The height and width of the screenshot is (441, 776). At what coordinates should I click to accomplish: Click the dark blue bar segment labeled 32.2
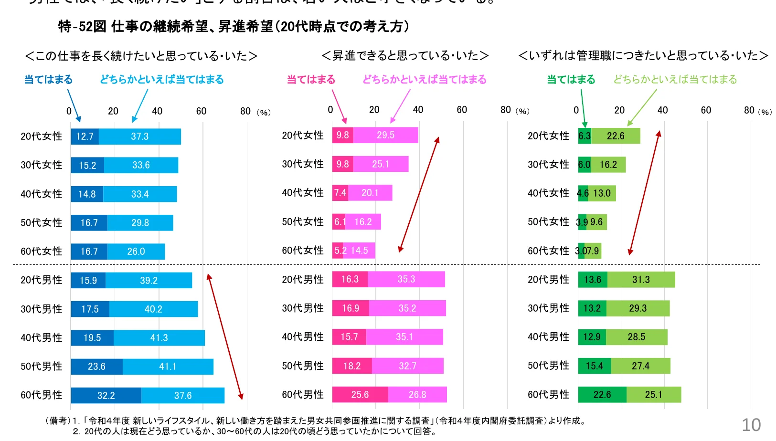[x=106, y=395]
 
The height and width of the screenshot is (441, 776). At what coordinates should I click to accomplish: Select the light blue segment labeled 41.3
[x=159, y=338]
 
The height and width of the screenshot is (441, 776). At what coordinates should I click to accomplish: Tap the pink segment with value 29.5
[x=385, y=135]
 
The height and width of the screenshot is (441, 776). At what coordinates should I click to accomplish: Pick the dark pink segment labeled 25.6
[x=360, y=395]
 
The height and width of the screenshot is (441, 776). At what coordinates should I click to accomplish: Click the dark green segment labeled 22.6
[x=602, y=395]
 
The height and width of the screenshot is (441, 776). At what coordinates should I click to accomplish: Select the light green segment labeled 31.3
[x=641, y=280]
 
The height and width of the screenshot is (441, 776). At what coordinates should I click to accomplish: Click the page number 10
[x=751, y=425]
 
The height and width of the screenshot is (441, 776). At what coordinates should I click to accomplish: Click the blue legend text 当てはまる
[x=48, y=79]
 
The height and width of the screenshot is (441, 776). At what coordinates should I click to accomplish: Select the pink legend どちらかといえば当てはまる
[x=424, y=79]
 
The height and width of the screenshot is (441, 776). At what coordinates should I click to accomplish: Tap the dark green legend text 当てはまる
[x=571, y=79]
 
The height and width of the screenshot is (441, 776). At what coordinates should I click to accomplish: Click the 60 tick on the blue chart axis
[x=201, y=111]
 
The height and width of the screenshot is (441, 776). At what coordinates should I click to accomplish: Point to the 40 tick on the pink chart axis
[x=418, y=110]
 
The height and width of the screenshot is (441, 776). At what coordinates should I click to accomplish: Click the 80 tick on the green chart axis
[x=749, y=110]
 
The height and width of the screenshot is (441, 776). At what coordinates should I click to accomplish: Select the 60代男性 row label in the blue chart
[x=42, y=395]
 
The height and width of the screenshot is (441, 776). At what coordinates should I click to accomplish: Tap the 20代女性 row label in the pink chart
[x=303, y=136]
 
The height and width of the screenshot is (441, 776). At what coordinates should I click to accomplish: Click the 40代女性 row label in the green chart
[x=548, y=193]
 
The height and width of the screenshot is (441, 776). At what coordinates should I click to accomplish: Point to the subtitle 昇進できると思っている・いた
[x=405, y=56]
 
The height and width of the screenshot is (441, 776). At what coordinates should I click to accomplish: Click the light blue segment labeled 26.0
[x=136, y=252]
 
